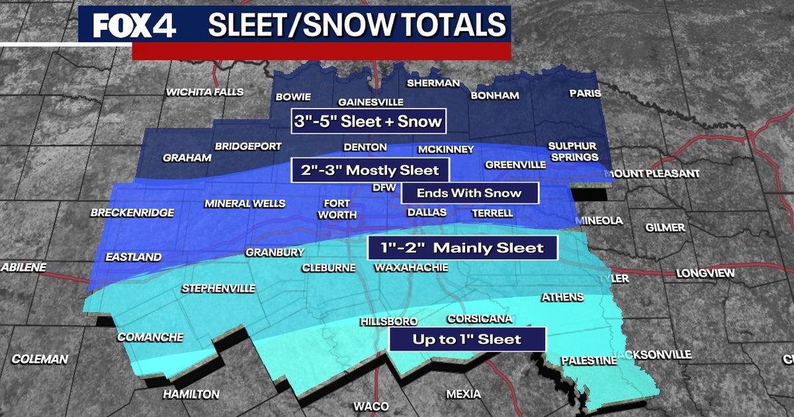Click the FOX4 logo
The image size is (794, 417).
tap(134, 26)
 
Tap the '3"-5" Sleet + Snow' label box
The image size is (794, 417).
tap(368, 121)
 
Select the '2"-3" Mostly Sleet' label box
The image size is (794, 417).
tap(370, 170)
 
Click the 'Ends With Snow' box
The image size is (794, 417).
tap(470, 193)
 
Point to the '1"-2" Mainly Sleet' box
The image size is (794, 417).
tap(463, 248)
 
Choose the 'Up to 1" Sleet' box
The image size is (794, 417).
tap(466, 339)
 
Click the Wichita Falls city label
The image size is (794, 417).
tap(204, 92)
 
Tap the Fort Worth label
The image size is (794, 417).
tap(337, 209)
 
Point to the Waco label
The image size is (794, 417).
tap(371, 406)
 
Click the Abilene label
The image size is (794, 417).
tap(24, 267)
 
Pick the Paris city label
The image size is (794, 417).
tap(585, 93)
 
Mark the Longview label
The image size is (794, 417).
tap(703, 273)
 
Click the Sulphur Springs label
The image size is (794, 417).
tap(573, 152)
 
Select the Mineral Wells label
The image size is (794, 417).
tap(245, 203)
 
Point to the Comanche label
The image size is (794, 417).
tap(150, 337)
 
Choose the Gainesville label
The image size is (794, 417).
tap(371, 103)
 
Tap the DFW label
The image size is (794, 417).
tap(384, 188)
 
